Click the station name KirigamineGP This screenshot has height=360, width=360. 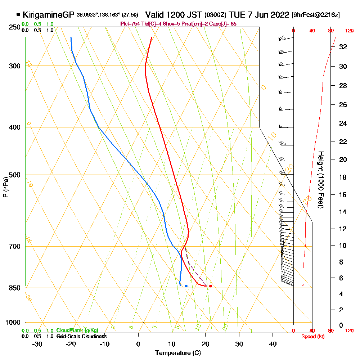49,15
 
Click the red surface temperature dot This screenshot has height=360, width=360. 211,286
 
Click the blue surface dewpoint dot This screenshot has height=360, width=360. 186,286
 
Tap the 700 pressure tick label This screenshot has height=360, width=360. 14,247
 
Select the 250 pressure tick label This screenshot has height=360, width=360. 14,27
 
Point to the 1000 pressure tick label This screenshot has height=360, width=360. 13,323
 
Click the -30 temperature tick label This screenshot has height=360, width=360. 37,344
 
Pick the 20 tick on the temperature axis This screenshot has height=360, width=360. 206,344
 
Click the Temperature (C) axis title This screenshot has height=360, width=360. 178,353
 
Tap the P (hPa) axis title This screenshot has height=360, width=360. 5,187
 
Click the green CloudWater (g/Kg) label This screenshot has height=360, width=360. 77,330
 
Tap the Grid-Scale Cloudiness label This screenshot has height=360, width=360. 81,336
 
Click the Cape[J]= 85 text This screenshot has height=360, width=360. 226,24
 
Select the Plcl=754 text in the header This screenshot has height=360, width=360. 128,24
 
